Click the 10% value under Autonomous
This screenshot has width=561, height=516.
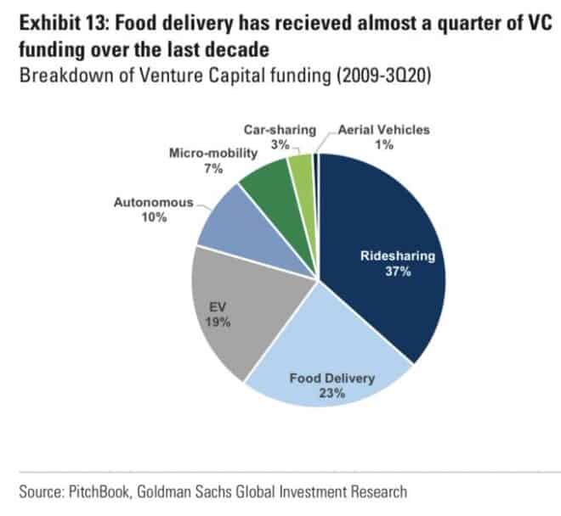coord(155,217)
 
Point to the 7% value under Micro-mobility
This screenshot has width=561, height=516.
coord(212,168)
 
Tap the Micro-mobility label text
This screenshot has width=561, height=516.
coord(212,154)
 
